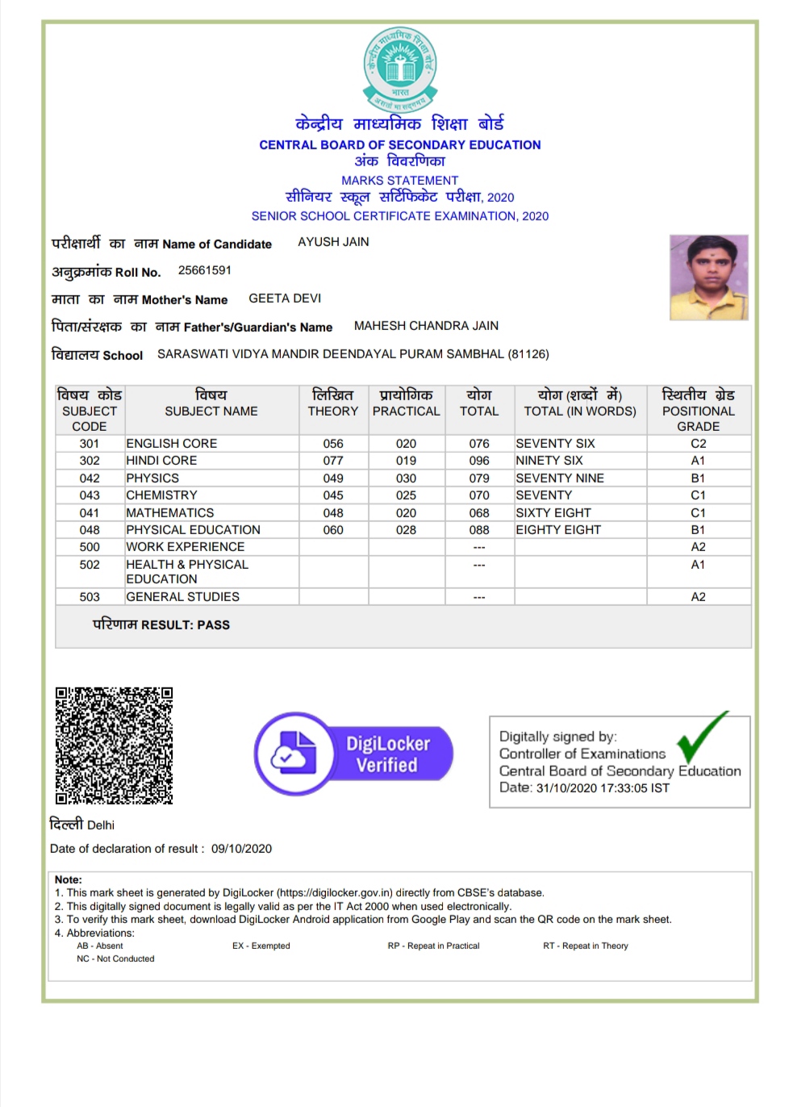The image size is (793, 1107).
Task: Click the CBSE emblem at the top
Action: [399, 69]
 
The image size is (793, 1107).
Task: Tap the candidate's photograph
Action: [708, 278]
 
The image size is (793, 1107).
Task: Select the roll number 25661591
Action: [205, 270]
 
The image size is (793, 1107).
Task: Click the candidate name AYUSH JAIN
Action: [333, 242]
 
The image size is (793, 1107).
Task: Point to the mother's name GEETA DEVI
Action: [285, 299]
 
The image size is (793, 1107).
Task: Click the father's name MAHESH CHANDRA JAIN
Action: [426, 326]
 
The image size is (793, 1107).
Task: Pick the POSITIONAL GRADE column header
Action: [698, 410]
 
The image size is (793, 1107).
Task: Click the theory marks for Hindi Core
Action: [333, 461]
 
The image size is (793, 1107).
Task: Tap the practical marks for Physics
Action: [406, 478]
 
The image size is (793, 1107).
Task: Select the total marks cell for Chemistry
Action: [479, 495]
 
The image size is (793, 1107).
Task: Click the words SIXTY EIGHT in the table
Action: [553, 513]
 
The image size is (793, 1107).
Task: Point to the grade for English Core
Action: [698, 444]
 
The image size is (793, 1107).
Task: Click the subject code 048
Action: [90, 530]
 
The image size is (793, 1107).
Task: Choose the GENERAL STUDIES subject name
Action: [183, 597]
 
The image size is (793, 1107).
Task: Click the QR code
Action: [114, 746]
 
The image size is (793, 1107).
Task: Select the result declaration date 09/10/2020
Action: [241, 849]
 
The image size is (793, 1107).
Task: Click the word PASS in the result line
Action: [214, 625]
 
